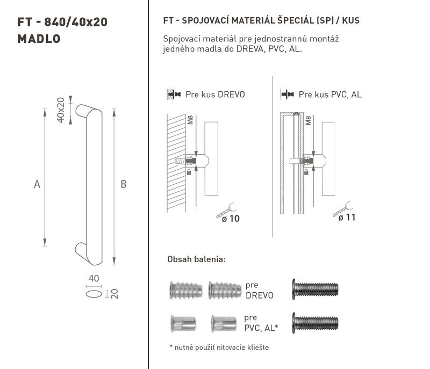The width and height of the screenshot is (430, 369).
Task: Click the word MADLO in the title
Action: pyautogui.click(x=39, y=39)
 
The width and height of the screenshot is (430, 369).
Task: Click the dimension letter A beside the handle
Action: pyautogui.click(x=37, y=184)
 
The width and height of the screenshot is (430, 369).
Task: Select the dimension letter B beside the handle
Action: pyautogui.click(x=124, y=184)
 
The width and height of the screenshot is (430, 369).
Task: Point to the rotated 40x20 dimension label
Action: pyautogui.click(x=61, y=110)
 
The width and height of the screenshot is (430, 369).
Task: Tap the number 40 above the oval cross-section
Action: pyautogui.click(x=94, y=278)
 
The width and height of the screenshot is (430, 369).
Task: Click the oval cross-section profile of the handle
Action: pyautogui.click(x=94, y=294)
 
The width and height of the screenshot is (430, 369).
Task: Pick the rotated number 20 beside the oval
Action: pyautogui.click(x=114, y=294)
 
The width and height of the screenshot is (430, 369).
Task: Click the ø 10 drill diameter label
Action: pyautogui.click(x=231, y=219)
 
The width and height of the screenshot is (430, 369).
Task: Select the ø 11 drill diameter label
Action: pyautogui.click(x=347, y=218)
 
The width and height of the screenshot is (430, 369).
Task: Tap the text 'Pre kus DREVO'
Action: pyautogui.click(x=216, y=95)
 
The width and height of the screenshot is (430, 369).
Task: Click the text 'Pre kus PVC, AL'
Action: pyautogui.click(x=330, y=95)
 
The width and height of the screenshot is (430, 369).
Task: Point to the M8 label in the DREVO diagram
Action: pyautogui.click(x=190, y=120)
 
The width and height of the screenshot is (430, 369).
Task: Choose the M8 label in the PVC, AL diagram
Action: pyautogui.click(x=308, y=120)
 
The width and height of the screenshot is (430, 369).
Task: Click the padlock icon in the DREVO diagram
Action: pyautogui.click(x=189, y=172)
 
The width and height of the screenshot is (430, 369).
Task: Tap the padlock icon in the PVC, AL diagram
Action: pyautogui.click(x=306, y=172)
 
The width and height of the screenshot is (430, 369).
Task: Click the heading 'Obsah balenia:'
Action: pyautogui.click(x=197, y=259)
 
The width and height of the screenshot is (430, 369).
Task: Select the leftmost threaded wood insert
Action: pyautogui.click(x=186, y=290)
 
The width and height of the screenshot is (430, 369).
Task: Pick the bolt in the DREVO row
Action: pyautogui.click(x=315, y=290)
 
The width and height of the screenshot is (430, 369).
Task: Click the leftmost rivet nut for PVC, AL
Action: pyautogui.click(x=183, y=323)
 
